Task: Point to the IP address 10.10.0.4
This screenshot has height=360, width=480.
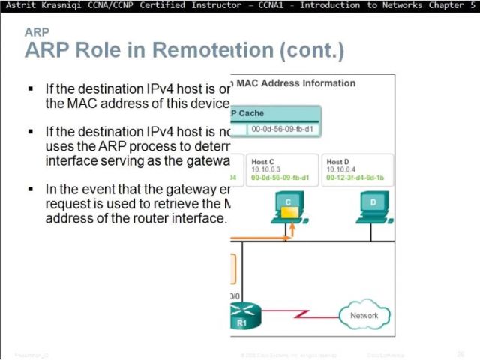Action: [341, 169]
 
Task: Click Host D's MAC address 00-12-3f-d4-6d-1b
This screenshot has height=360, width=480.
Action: [357, 177]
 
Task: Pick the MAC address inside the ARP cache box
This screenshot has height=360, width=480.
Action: [281, 128]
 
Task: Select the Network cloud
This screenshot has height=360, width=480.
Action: [364, 315]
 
